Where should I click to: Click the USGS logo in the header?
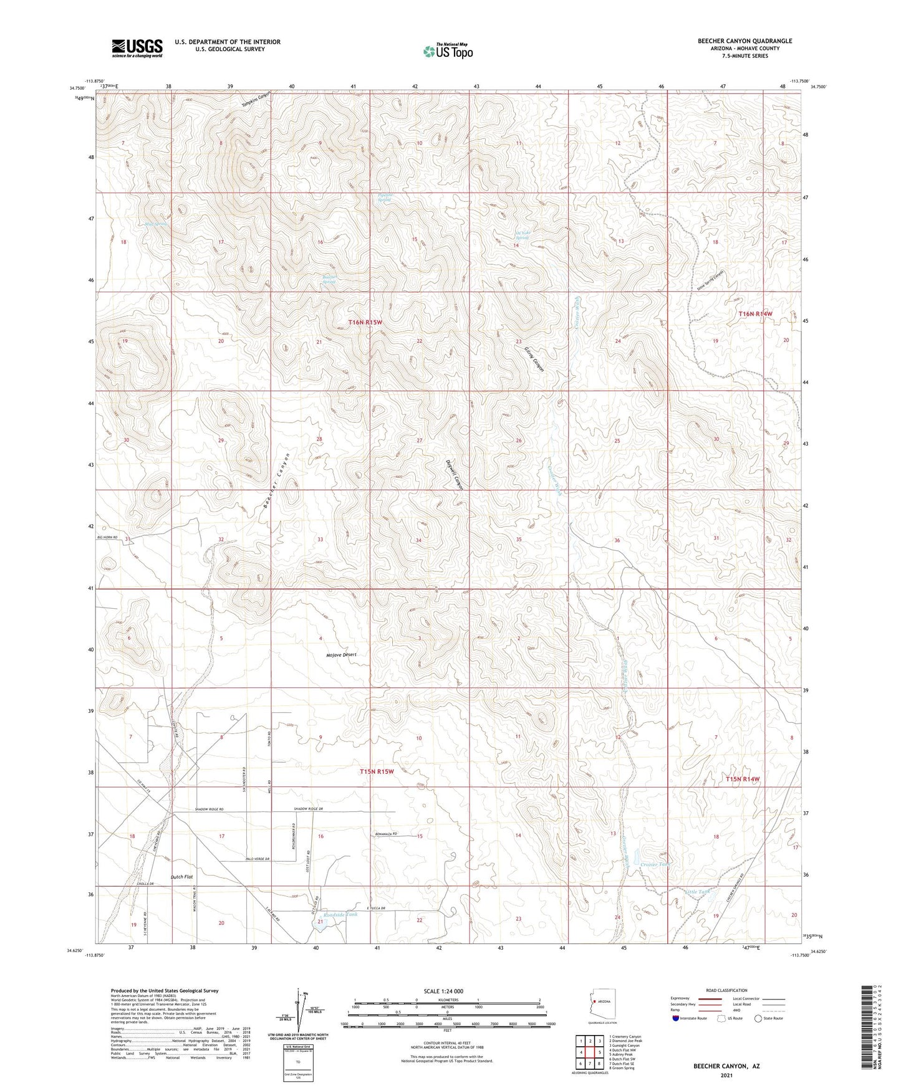coord(137,47)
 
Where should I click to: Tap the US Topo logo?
coord(447,51)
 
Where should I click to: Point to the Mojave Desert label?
coord(341,655)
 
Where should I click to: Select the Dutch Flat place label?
coord(181,877)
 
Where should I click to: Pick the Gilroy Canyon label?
coord(534,360)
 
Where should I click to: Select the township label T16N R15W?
coord(365,322)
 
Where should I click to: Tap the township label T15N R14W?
coord(743,779)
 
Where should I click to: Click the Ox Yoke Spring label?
coord(522,236)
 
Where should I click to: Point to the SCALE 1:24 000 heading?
coord(443,991)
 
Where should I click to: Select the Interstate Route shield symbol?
coord(676,1018)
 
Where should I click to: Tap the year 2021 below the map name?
coord(726,1075)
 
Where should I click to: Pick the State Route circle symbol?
coord(758,1018)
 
